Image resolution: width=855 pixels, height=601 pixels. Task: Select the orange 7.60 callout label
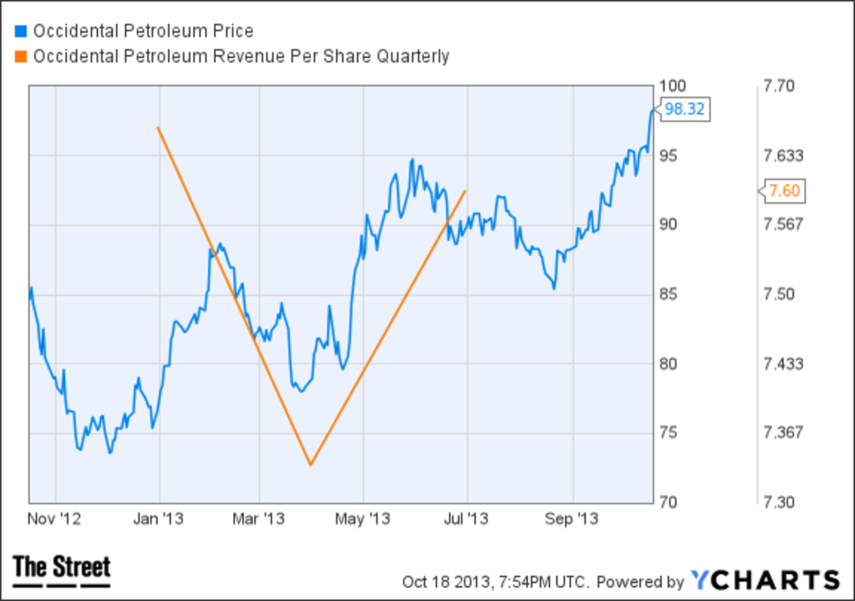point(785,191)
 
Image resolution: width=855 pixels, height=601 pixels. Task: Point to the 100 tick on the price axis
point(673,86)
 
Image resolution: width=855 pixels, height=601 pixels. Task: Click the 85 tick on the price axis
point(670,294)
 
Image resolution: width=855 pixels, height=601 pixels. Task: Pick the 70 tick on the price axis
point(670,502)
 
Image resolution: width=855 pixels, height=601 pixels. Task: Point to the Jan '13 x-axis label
point(159,519)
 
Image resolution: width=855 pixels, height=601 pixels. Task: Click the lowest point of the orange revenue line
point(311,465)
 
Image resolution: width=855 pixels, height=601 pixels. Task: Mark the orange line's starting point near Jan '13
point(157,128)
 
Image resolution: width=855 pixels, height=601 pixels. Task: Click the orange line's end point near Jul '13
point(465,190)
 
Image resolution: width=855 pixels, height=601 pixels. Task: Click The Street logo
point(62,570)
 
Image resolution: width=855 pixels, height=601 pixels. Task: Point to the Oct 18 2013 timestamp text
point(494,581)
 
